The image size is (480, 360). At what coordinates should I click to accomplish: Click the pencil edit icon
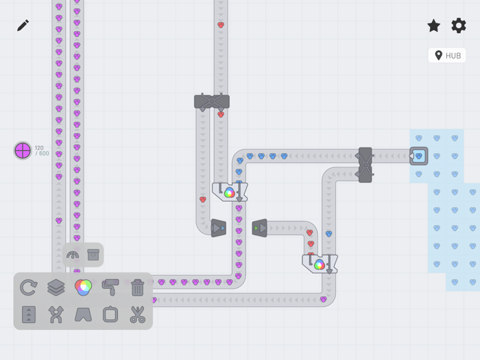click(23, 25)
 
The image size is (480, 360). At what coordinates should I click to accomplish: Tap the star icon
click(434, 26)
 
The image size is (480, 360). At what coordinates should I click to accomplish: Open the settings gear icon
click(459, 26)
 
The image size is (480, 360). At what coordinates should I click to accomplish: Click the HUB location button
click(447, 56)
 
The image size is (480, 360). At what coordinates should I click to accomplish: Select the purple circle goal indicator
click(23, 151)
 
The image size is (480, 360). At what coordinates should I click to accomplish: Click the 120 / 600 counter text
click(42, 151)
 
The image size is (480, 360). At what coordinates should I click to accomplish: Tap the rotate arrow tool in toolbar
click(29, 287)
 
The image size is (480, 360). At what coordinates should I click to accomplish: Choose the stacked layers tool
click(56, 287)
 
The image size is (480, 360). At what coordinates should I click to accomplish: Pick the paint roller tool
click(110, 287)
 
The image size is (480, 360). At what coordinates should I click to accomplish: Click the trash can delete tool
click(137, 287)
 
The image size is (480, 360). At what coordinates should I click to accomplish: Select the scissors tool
click(137, 314)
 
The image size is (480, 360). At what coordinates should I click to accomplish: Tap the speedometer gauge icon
click(73, 255)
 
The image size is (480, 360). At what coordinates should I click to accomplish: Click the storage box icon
click(93, 254)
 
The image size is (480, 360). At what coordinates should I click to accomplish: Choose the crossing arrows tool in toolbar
click(56, 314)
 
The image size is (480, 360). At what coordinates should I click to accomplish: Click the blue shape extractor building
click(419, 156)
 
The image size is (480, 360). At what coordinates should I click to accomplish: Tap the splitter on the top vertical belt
click(212, 101)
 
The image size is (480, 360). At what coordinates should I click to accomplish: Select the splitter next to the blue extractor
click(365, 165)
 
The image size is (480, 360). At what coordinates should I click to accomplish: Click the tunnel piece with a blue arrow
click(219, 228)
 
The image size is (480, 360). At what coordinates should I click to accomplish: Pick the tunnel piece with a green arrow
click(260, 228)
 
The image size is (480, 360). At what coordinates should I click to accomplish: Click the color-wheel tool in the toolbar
click(83, 287)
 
